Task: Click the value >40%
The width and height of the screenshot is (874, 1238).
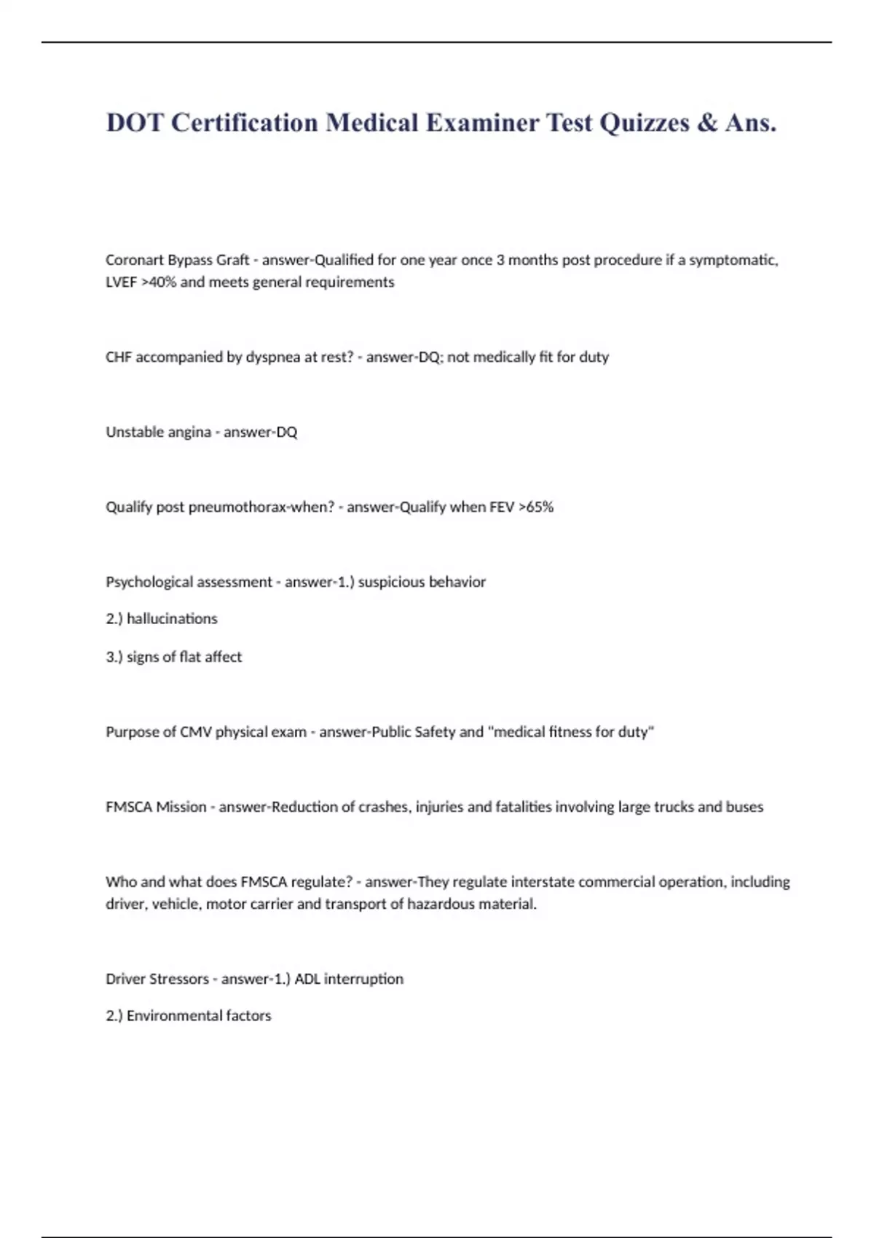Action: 159,283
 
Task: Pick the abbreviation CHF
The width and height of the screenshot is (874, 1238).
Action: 119,358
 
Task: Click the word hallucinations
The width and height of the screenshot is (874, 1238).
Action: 172,619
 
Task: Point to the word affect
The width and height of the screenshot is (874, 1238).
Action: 223,657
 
